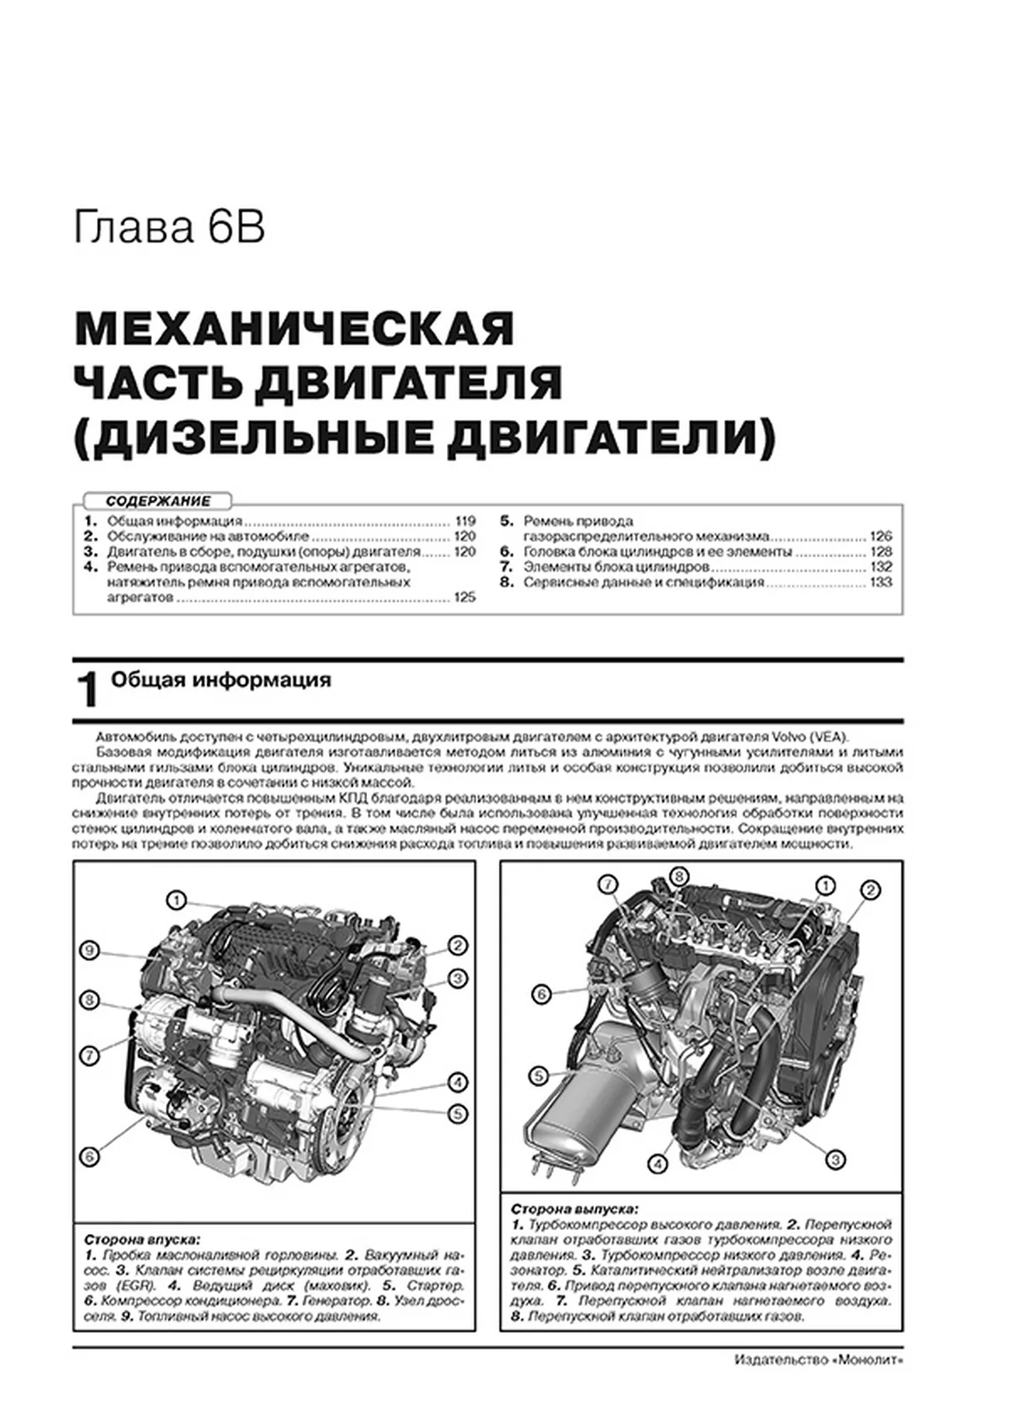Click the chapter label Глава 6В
[169, 229]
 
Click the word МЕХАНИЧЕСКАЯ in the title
[295, 328]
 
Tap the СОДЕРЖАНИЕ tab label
[158, 502]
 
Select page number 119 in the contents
[465, 521]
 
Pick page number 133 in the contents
[881, 582]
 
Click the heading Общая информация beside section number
[221, 679]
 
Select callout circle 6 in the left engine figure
[90, 1156]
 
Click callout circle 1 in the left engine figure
[176, 900]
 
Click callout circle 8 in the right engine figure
[678, 877]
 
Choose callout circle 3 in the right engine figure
[834, 1160]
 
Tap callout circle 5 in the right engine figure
[538, 1075]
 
